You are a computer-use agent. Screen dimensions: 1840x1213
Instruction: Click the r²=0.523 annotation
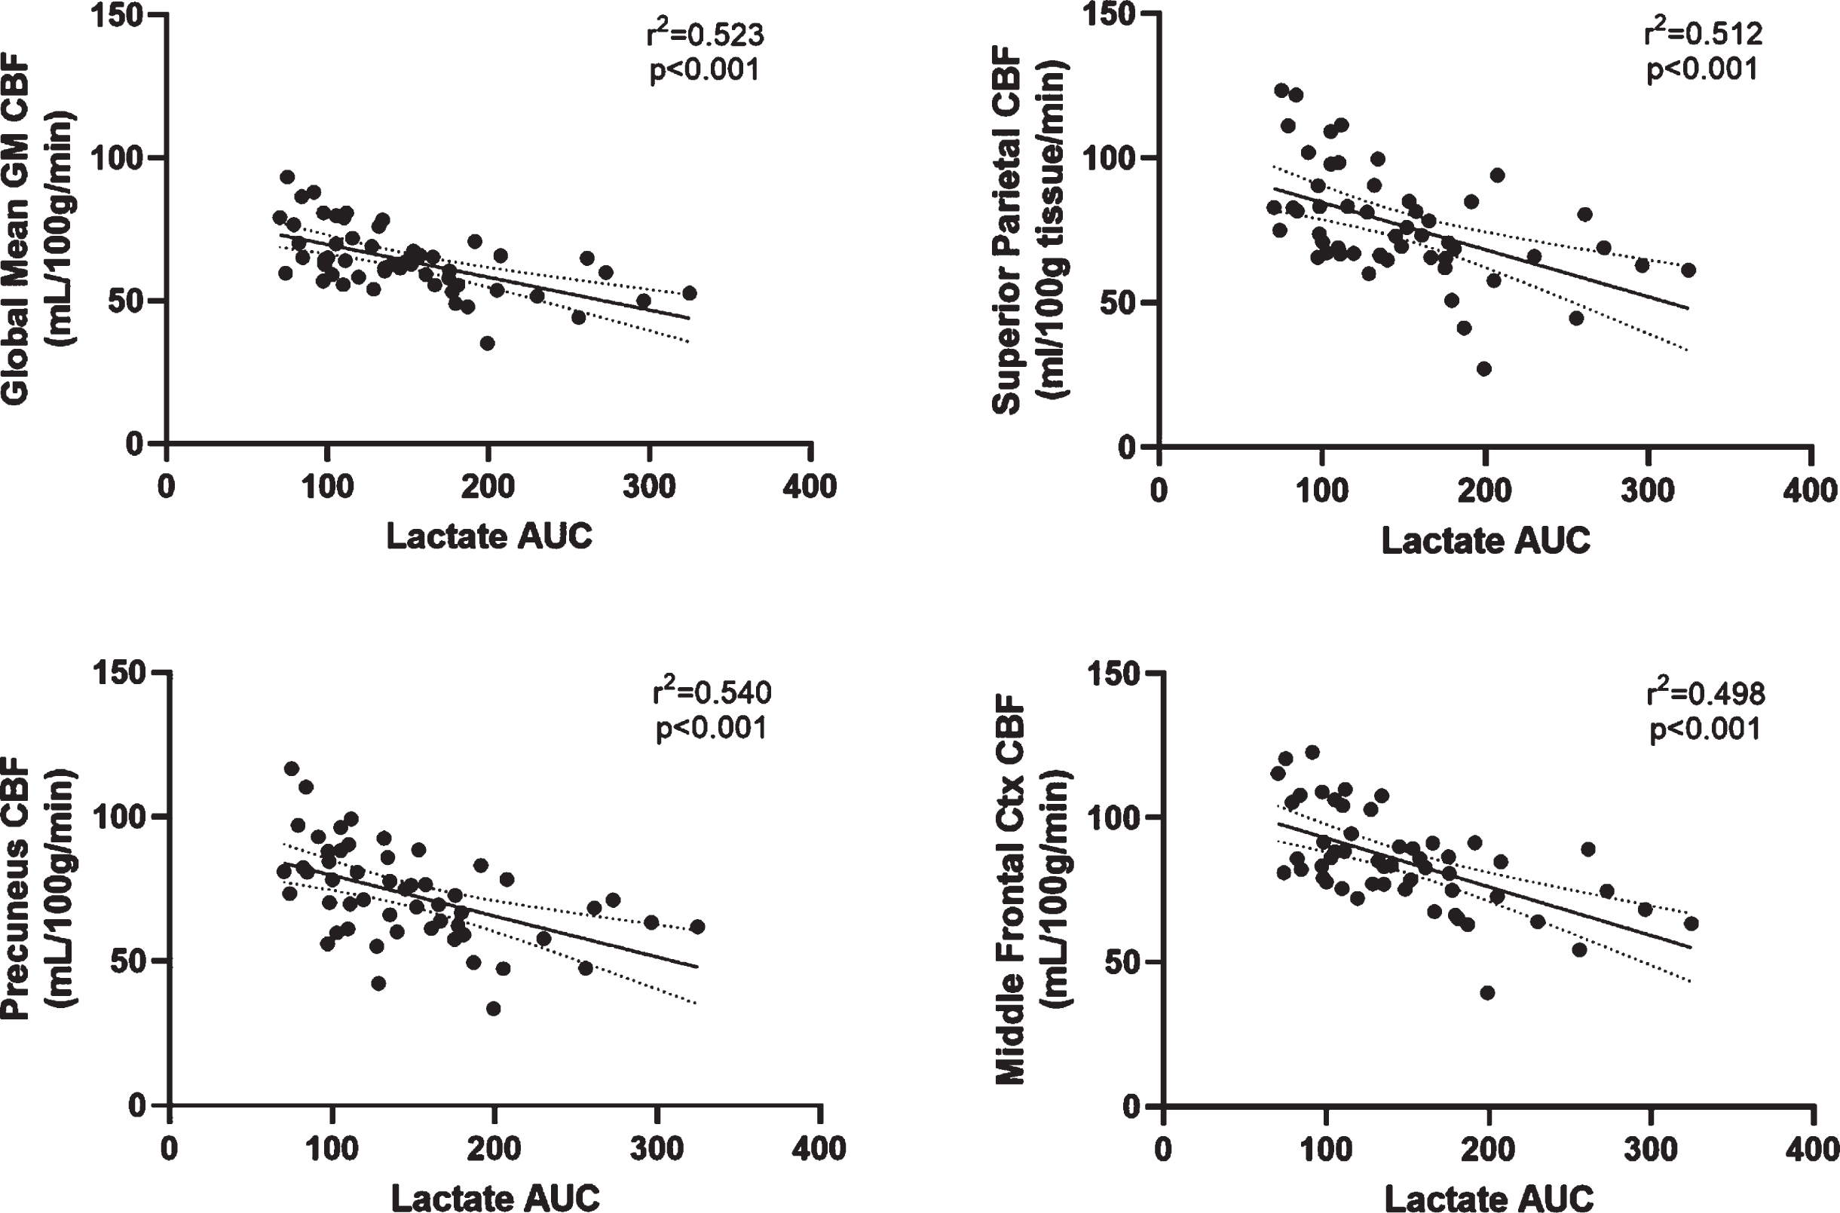click(705, 34)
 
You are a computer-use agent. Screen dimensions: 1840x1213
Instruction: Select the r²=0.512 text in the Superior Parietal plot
click(1703, 33)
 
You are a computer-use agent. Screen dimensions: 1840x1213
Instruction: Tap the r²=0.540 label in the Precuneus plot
click(712, 692)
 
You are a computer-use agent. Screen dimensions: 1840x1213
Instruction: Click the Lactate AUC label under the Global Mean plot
click(489, 536)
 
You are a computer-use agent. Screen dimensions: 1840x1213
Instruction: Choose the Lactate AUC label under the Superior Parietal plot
click(1486, 540)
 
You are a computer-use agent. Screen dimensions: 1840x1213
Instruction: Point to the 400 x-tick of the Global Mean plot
click(810, 487)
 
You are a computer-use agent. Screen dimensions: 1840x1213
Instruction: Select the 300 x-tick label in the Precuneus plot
click(656, 1148)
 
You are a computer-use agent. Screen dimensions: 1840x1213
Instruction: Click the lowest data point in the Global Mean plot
click(487, 344)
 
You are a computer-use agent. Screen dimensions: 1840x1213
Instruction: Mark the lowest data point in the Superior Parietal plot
click(1484, 369)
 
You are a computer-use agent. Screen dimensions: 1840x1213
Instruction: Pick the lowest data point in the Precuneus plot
click(493, 1009)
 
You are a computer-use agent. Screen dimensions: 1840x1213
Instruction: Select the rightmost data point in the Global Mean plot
click(690, 293)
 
